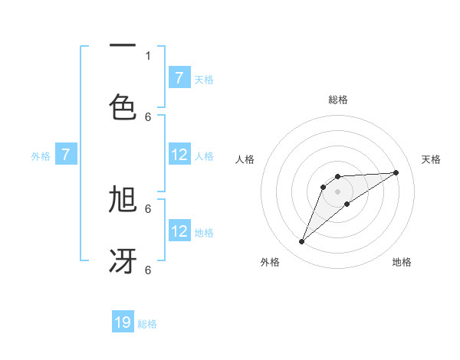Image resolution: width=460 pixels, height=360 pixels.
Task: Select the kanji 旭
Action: pos(123,200)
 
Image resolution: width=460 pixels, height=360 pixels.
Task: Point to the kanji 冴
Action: pos(123,260)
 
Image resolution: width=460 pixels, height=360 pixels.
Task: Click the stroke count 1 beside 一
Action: pos(148,55)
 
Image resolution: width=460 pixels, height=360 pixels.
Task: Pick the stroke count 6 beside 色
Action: pos(148,116)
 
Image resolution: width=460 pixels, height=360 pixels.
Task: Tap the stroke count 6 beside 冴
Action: pos(148,270)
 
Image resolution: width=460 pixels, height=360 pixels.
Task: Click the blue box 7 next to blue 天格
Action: pos(179,78)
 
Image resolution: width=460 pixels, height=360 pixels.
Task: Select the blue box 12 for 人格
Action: pos(179,155)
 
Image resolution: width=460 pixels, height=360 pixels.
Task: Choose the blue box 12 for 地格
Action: pos(179,232)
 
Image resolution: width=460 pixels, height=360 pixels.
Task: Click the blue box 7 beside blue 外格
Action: pos(66,155)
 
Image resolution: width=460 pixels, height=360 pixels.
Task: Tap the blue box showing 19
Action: pos(123,322)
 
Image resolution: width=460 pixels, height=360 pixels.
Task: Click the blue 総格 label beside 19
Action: pos(147,324)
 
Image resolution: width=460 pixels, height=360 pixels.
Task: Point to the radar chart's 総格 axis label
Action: pos(338,100)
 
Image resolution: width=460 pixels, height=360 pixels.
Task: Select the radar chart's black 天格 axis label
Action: pos(432,159)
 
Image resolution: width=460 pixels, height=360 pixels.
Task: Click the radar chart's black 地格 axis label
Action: pos(402,262)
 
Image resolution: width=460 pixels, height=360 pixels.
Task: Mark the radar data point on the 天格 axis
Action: pos(396,172)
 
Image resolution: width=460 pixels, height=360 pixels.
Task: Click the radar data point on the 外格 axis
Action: pos(301,242)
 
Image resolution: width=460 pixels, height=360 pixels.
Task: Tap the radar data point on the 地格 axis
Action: pos(347,204)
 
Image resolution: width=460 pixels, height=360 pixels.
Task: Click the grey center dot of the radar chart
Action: pos(338,191)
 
